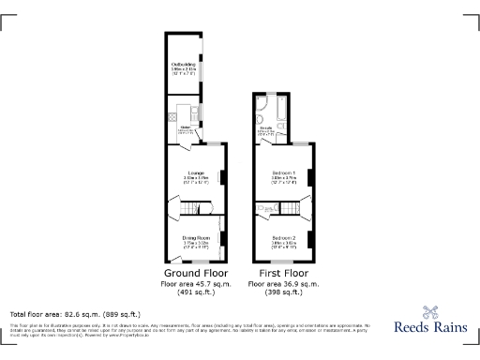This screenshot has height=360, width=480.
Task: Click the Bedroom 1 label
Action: point(283,173)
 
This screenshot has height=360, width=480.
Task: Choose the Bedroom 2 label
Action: point(284,238)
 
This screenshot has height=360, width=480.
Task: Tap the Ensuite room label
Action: point(265,128)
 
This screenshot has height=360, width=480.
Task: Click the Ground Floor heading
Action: point(190,273)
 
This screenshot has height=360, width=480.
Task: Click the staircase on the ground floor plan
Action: point(193,206)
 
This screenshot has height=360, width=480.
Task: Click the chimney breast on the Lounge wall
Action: point(222,176)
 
